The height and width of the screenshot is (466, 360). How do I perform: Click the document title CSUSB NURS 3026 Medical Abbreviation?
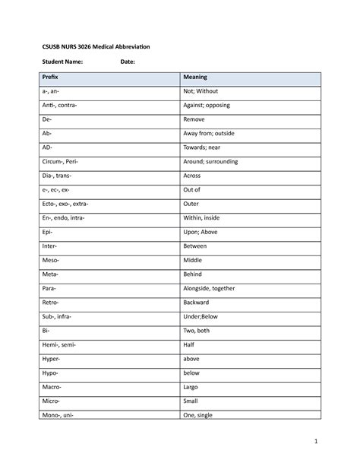click(96, 47)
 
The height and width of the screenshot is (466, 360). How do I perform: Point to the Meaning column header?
click(194, 78)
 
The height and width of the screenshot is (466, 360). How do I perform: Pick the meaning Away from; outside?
click(208, 134)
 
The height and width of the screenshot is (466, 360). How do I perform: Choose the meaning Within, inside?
click(201, 218)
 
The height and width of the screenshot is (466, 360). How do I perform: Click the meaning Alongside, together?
click(209, 289)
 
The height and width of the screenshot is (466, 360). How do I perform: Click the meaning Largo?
click(191, 388)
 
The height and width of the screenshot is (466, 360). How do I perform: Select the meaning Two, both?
click(197, 331)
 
